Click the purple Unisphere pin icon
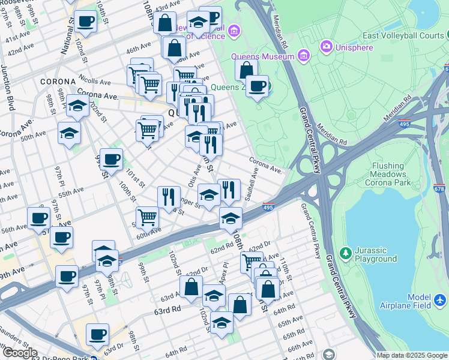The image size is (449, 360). pos(327,46)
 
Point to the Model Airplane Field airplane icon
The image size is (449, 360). pos(439,298)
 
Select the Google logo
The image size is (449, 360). pos(19,353)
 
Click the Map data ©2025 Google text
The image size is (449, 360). pos(412,355)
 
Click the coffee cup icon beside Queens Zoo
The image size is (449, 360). pos(257,85)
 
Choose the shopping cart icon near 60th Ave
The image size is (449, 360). pos(147,217)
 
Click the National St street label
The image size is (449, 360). pos(67,36)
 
